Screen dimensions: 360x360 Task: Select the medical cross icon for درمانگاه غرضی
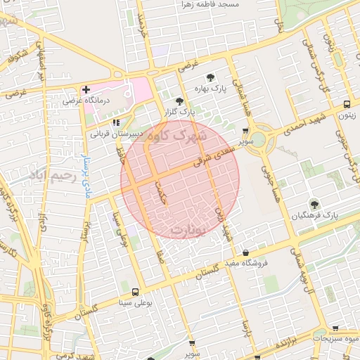click(86, 90)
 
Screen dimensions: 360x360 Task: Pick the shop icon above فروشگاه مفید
click(245, 252)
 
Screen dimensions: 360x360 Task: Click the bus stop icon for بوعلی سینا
click(134, 291)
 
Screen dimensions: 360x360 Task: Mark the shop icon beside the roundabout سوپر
click(245, 130)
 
